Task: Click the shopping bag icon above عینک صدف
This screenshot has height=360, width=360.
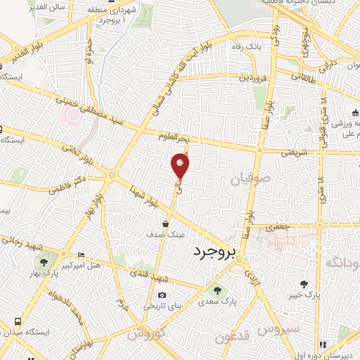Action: (x=164, y=224)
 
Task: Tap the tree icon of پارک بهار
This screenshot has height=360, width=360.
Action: (x=44, y=262)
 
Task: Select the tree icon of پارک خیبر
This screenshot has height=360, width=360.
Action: (x=304, y=284)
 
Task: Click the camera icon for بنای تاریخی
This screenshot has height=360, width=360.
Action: (x=162, y=295)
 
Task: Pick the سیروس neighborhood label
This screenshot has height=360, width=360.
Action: (x=278, y=328)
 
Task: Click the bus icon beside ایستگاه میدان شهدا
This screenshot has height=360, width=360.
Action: (x=17, y=321)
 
